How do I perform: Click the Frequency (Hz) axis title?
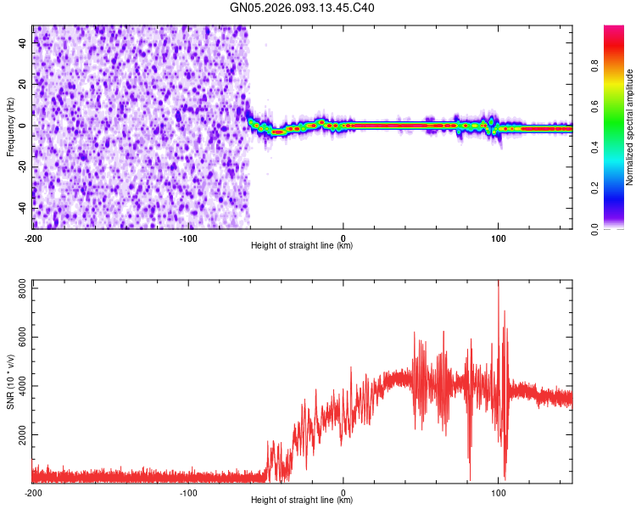10,127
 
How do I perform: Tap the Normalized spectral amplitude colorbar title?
630,127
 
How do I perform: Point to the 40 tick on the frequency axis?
24,43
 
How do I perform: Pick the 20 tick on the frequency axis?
24,85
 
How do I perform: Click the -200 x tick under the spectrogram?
32,238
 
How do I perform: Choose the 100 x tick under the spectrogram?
499,238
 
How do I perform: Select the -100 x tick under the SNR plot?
188,492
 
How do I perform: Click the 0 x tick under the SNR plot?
343,492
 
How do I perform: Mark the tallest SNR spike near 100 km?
499,282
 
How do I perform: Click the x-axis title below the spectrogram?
302,246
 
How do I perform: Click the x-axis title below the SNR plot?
302,501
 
